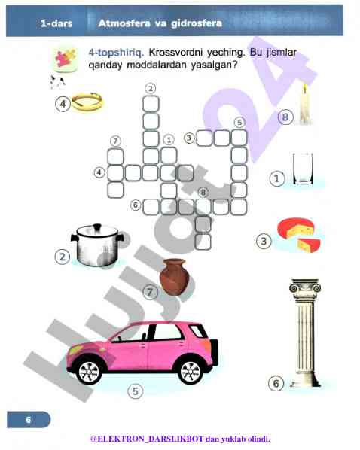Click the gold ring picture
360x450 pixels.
click(x=87, y=102)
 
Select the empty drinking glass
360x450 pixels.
click(x=303, y=169)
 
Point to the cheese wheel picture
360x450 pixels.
click(x=299, y=235)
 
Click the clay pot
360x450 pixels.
click(x=174, y=277)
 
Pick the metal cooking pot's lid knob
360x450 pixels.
click(x=97, y=227)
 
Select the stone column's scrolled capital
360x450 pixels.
click(x=305, y=286)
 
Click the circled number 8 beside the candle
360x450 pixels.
click(x=285, y=117)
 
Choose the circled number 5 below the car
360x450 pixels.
click(x=136, y=391)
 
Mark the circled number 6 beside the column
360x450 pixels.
click(x=276, y=383)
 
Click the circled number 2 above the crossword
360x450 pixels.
click(x=151, y=88)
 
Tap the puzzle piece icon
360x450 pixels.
click(x=66, y=59)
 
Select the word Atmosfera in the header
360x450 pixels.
click(x=124, y=23)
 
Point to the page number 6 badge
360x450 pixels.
click(x=29, y=420)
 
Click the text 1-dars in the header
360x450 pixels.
click(x=56, y=23)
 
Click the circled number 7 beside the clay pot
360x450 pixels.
click(x=150, y=293)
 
